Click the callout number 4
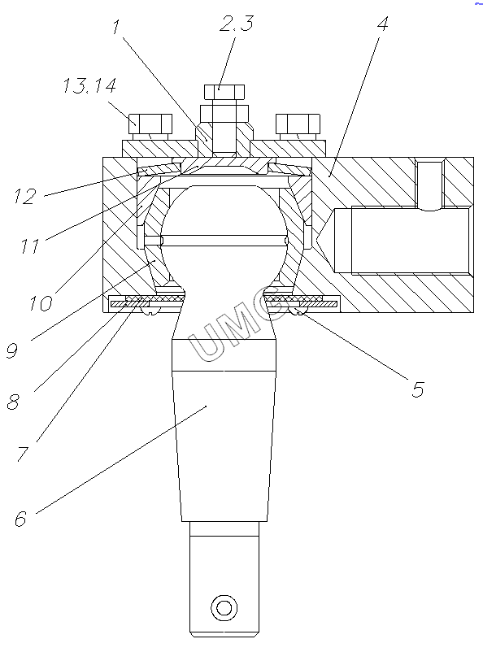point(383,24)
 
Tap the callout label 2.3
point(237,24)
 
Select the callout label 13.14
point(89,85)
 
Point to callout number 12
point(25,196)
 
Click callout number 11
point(30,246)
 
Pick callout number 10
point(41,303)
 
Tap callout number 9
point(12,351)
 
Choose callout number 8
point(13,402)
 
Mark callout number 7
point(23,454)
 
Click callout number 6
point(21,519)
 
